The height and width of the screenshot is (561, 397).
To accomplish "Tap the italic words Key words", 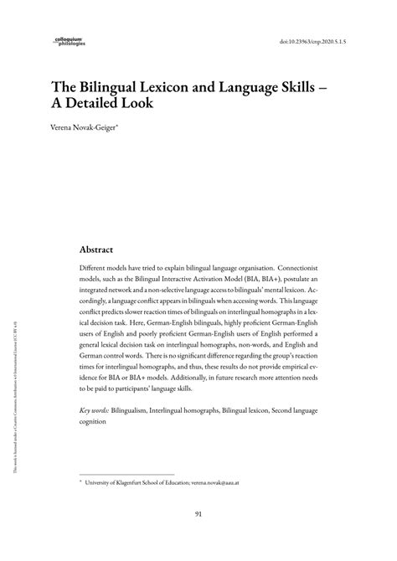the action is pos(97,435).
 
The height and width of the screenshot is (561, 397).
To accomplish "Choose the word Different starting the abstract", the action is pos(97,269).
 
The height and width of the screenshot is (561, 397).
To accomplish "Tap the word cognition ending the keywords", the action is pos(96,446).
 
